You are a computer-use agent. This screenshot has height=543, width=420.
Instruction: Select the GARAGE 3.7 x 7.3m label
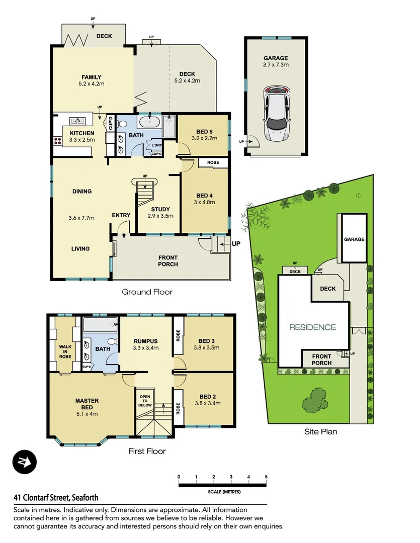click(276, 61)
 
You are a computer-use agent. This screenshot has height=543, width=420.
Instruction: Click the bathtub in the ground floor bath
click(149, 122)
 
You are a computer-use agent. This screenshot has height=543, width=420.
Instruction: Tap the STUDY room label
click(160, 213)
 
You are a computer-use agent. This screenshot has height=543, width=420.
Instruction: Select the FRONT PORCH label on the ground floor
click(168, 261)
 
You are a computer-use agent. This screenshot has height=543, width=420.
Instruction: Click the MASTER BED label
click(87, 407)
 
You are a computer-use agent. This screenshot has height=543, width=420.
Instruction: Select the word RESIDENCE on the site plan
click(312, 327)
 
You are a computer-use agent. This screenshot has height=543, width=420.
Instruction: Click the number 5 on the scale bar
click(266, 477)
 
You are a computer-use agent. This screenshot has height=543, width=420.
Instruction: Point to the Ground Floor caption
click(147, 292)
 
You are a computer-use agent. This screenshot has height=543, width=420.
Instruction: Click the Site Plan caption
click(320, 431)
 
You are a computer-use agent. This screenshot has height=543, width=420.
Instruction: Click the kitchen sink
click(77, 121)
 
